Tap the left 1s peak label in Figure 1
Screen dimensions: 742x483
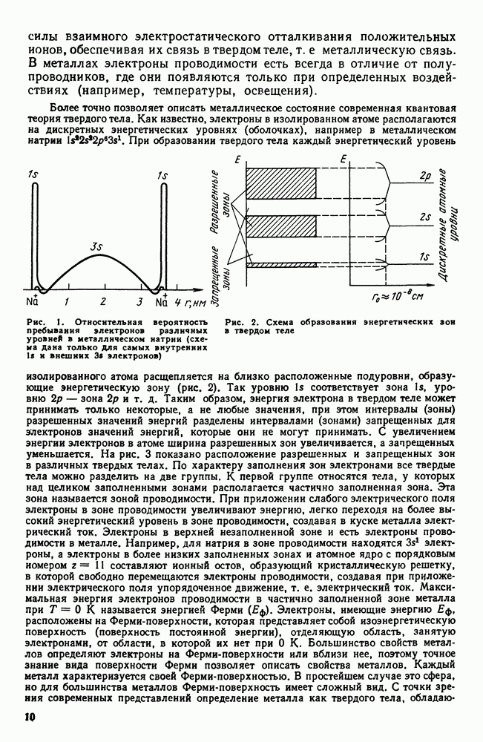click(x=33, y=175)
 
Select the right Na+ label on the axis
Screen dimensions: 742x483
click(x=161, y=302)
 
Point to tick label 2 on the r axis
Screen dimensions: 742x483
click(x=102, y=302)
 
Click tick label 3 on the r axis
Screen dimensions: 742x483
click(x=139, y=302)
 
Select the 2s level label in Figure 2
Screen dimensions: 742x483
click(x=425, y=217)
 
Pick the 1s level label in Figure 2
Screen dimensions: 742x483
click(x=425, y=257)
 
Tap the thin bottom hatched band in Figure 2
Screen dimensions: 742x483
click(x=281, y=264)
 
